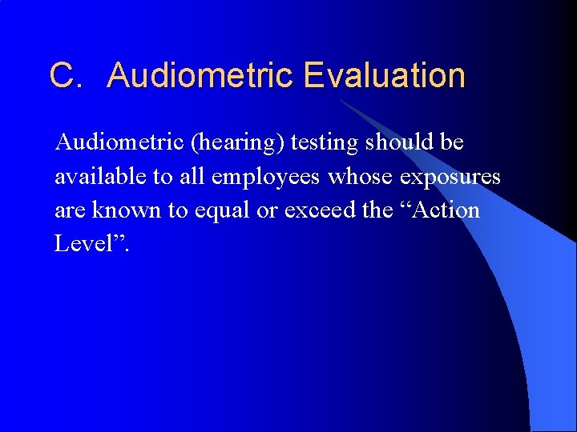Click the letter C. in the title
click(67, 76)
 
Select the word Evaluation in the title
click(385, 76)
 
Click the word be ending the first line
click(452, 142)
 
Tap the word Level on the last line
click(83, 243)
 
